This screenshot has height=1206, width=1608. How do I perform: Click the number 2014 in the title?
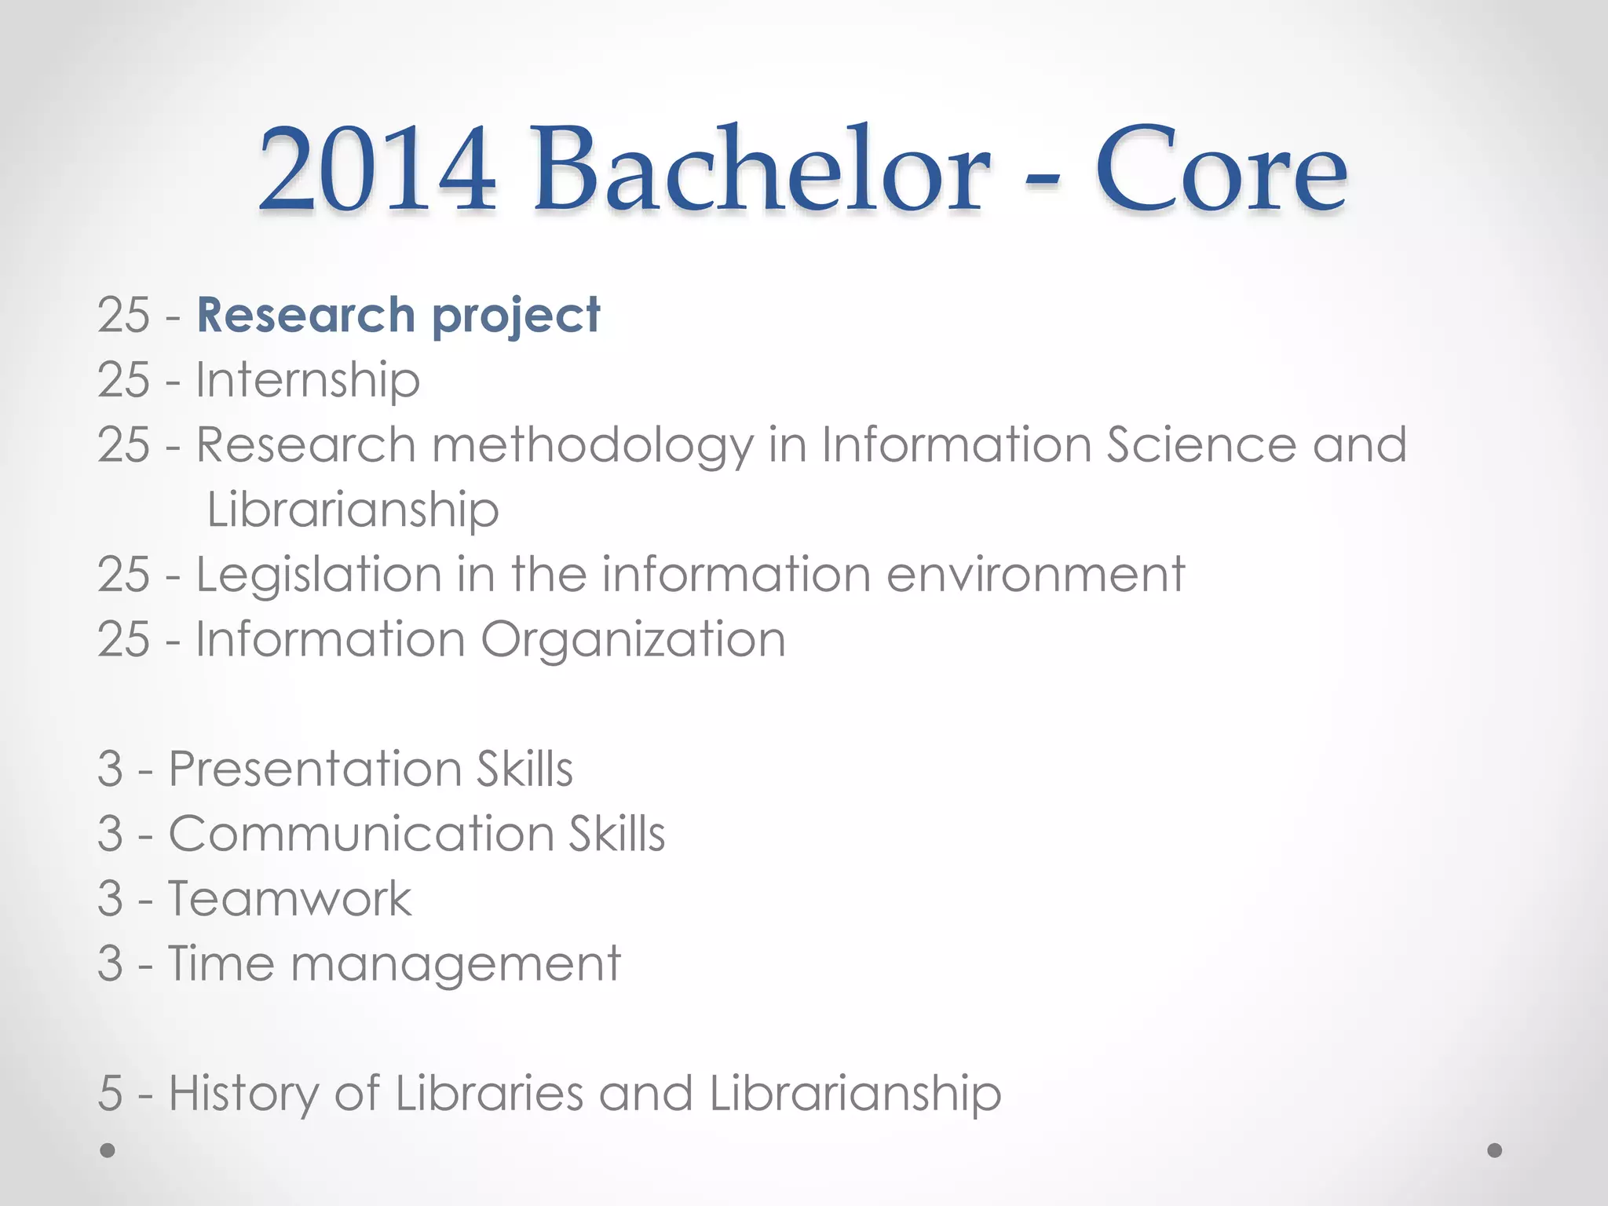point(377,170)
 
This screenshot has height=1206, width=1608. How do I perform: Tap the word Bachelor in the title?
point(761,170)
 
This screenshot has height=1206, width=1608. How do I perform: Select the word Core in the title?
point(1221,170)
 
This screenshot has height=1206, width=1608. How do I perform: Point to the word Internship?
point(308,381)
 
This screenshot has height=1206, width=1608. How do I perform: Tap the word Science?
point(1201,444)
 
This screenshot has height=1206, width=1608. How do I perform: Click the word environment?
point(1036,575)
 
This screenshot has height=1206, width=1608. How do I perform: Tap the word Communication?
point(361,833)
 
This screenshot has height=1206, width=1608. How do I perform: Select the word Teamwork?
point(289,898)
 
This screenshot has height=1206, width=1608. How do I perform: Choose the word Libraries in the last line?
point(489,1093)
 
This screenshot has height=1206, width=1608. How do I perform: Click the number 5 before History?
point(111,1094)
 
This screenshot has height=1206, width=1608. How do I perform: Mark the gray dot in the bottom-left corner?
point(108,1150)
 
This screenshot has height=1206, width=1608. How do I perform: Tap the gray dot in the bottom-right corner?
point(1495,1150)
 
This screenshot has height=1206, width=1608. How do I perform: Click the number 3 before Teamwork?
point(111,899)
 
